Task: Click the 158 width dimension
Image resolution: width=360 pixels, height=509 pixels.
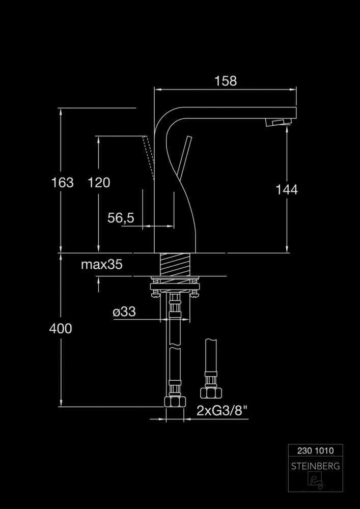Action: (226, 81)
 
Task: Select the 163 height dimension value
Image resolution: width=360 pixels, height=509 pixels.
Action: (63, 182)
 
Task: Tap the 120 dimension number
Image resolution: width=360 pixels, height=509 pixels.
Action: (99, 182)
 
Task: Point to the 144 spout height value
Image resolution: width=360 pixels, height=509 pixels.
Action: (287, 189)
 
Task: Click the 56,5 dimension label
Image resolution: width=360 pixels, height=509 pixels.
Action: (121, 218)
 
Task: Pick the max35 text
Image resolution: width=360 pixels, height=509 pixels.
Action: (102, 264)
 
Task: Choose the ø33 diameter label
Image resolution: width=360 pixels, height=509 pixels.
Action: (124, 312)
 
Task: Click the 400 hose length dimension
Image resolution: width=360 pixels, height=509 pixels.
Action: (61, 329)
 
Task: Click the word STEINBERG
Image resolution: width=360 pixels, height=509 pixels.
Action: (313, 466)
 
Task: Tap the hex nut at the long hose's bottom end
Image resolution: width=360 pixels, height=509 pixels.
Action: (174, 402)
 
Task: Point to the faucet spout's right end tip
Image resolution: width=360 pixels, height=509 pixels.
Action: (294, 112)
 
